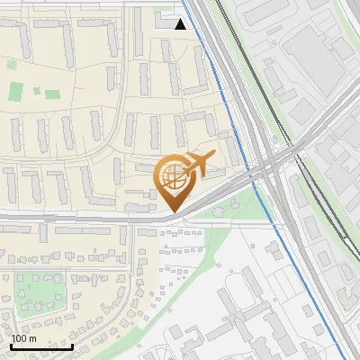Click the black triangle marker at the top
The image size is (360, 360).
pos(181,23)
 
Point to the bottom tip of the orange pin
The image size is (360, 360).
pos(172,212)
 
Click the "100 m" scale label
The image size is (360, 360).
pos(23,338)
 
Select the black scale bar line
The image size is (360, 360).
pos(40,346)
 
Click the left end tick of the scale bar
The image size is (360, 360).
pos(10,345)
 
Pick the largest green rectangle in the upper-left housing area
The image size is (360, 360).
pos(16,91)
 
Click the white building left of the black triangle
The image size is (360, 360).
pos(165,20)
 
